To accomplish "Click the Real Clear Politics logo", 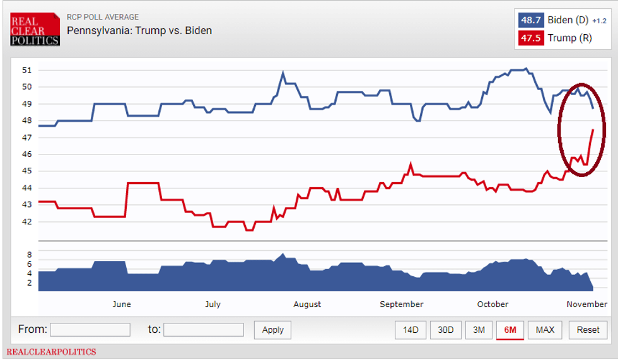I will pos(35,29).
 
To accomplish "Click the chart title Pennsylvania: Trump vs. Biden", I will pos(139,30).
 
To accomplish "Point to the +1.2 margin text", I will pos(598,21).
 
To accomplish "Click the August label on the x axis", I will pos(307,305).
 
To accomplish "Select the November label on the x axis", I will pos(586,305).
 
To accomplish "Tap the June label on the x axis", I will pos(122,305).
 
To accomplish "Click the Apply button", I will pos(272,330).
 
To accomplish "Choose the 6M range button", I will pos(510,330).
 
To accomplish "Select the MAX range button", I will pos(545,330).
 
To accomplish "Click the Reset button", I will pos(588,330).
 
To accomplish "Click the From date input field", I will pos(90,330).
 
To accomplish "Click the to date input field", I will pos(203,330).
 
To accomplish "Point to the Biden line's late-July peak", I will pos(283,73).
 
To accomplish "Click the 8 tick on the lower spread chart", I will pos(29,255).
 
